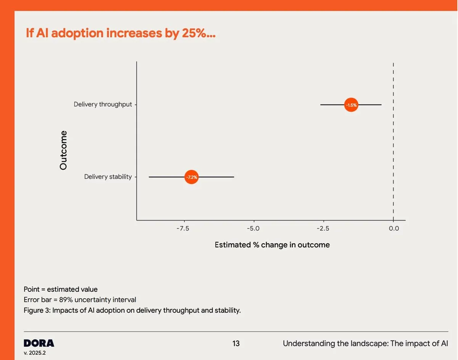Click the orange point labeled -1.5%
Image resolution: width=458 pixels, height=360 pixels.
click(351, 104)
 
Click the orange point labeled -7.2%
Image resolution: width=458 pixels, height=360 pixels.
click(192, 177)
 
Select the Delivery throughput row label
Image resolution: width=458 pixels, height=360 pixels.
click(103, 104)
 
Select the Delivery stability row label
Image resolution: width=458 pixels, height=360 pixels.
click(108, 177)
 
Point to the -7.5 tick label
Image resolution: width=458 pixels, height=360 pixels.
click(183, 228)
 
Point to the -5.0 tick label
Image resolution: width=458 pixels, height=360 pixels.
click(253, 228)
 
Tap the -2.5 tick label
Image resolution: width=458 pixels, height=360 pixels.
click(323, 228)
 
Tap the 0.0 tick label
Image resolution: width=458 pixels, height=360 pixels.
click(393, 228)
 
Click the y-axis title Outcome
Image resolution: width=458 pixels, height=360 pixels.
click(63, 150)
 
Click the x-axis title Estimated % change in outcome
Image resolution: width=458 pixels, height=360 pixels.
click(272, 245)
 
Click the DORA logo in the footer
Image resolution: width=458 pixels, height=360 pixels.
click(39, 343)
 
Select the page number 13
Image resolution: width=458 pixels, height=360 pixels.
click(236, 344)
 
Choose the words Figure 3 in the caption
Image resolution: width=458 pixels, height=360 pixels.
click(36, 310)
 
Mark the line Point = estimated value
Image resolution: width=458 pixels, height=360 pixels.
click(60, 289)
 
